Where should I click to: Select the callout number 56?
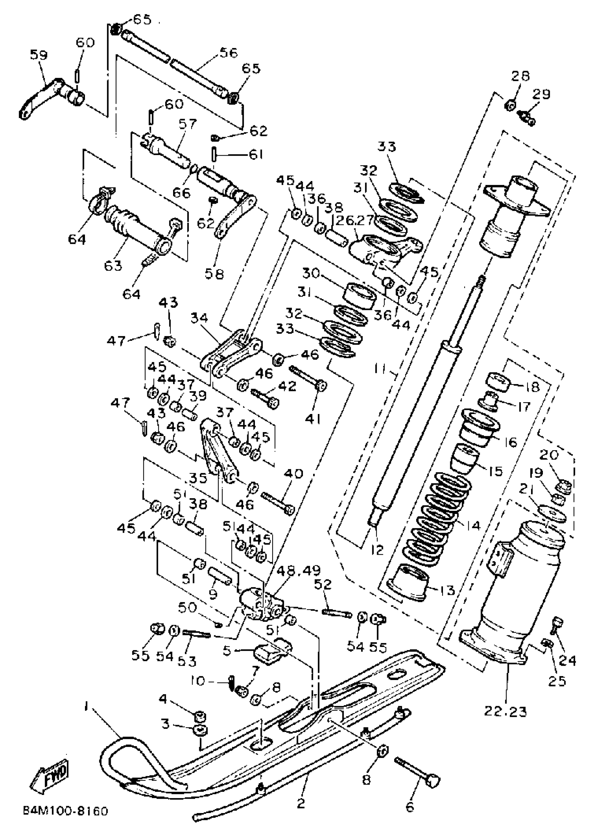[x=228, y=53]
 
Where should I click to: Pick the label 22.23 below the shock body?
[x=506, y=711]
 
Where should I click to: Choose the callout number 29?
[x=541, y=94]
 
